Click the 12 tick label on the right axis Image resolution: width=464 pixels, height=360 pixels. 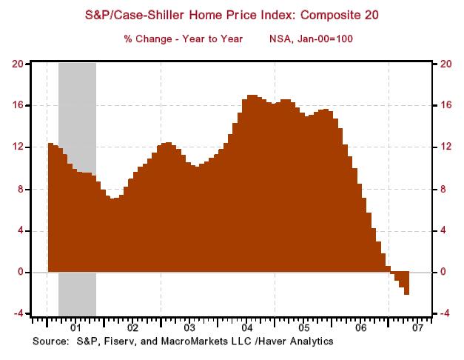(446, 147)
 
